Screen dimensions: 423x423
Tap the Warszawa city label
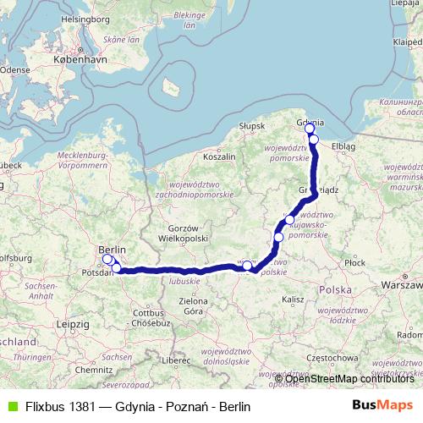[401, 286]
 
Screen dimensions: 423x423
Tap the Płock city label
[354, 264]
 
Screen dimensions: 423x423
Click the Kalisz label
[294, 299]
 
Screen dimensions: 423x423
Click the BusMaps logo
[383, 406]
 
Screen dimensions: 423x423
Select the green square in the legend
[10, 406]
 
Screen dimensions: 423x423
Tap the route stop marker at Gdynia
[310, 129]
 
